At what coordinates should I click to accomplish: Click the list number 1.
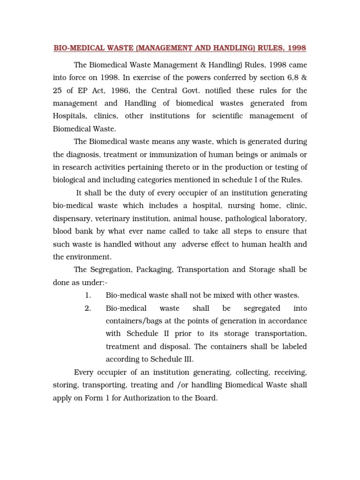(x=88, y=295)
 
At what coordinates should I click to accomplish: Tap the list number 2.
(x=88, y=308)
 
